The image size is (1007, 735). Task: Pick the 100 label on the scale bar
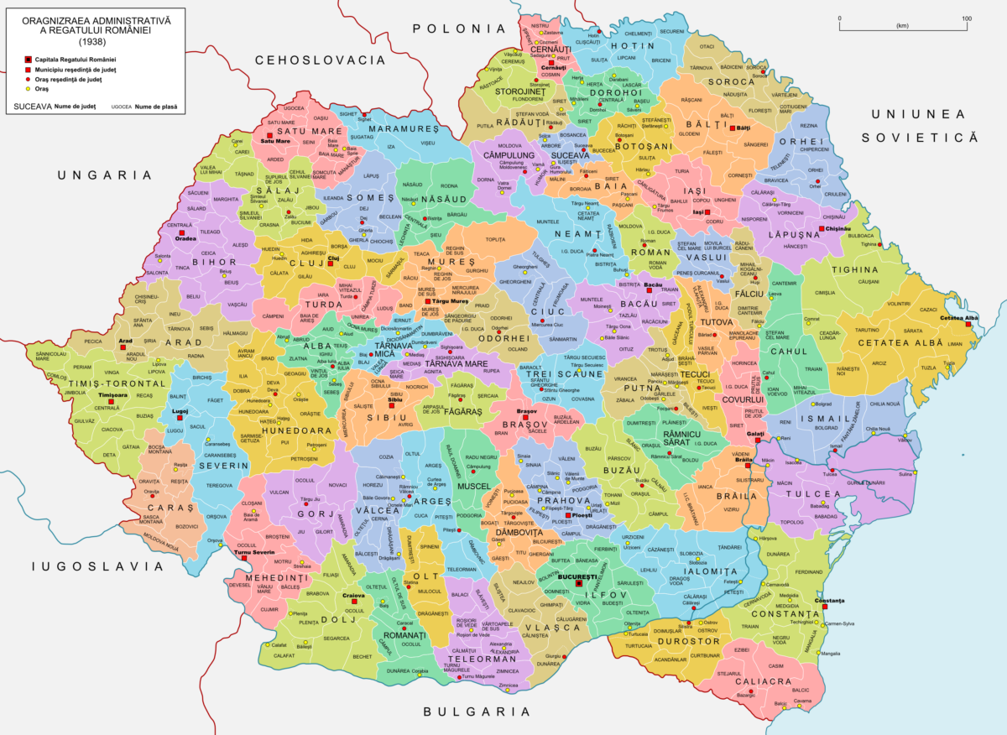point(967,18)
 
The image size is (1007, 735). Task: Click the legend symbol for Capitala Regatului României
point(28,60)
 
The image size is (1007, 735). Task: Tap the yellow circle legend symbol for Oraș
point(28,88)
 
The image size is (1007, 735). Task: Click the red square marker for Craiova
point(356,602)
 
